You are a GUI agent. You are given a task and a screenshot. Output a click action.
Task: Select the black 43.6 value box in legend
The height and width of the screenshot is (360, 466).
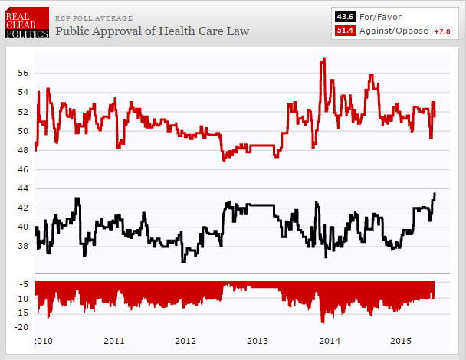(x=344, y=15)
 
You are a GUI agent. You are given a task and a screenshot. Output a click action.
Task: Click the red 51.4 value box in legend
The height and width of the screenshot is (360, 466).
(x=344, y=30)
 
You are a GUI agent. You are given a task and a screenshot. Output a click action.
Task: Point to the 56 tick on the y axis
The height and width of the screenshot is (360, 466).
(x=23, y=74)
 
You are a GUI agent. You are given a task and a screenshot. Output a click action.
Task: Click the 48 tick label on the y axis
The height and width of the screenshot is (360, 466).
(x=23, y=150)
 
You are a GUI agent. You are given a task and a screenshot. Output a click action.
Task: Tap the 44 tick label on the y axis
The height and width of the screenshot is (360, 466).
(x=23, y=188)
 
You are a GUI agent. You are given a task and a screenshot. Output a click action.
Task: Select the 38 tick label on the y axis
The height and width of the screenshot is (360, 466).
(x=23, y=246)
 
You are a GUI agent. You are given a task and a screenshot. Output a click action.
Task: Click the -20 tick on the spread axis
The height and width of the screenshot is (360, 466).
(x=21, y=326)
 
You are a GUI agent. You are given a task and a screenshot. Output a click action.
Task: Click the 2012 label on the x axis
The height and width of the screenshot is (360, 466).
(x=186, y=340)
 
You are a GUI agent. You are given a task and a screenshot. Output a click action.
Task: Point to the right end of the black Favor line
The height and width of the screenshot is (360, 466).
(x=435, y=194)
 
